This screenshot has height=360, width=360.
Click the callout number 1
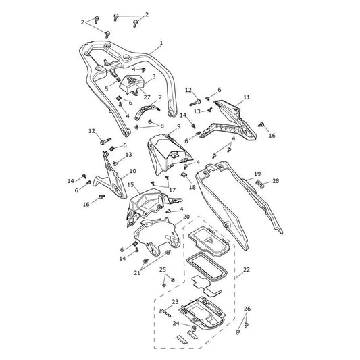point(161,43)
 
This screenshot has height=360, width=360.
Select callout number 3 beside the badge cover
point(154,76)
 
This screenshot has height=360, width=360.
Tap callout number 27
point(147,97)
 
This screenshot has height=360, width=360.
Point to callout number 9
point(178,126)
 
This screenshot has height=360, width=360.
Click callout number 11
point(247,97)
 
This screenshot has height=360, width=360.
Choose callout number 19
point(257,174)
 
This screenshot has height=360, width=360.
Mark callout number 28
point(276,181)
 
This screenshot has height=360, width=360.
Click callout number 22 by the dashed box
point(247,269)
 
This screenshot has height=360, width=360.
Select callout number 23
point(175,302)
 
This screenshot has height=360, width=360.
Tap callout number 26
point(247,309)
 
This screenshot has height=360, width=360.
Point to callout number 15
point(130,184)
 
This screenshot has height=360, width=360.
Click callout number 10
point(132,171)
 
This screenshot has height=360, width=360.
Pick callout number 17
point(172,190)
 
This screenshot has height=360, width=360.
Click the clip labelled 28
point(259,184)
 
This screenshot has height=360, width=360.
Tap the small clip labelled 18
point(184,175)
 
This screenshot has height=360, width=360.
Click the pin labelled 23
point(165,313)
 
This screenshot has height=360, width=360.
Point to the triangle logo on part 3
point(132,80)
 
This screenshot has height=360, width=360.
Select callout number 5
point(106,88)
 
